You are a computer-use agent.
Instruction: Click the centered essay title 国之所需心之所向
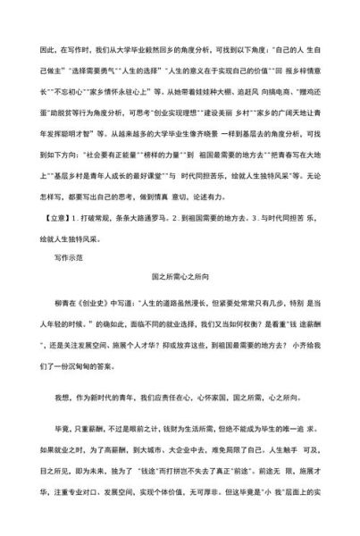pyautogui.click(x=180, y=277)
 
